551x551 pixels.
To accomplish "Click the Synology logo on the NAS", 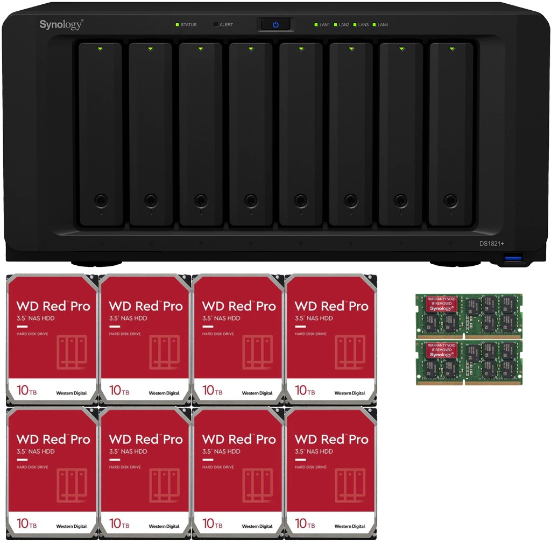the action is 61,24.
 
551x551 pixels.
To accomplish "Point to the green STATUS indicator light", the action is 176,25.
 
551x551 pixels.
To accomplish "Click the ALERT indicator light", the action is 216,25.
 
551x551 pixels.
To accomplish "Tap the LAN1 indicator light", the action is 316,25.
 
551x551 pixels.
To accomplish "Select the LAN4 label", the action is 383,25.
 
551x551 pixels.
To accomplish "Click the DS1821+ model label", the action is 491,244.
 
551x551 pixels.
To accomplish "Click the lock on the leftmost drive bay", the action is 101,201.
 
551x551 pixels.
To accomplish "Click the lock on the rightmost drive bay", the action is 451,201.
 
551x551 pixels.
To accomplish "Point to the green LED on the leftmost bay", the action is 101,49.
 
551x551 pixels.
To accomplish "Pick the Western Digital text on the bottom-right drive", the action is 350,526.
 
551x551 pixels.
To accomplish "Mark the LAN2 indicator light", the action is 335,25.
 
